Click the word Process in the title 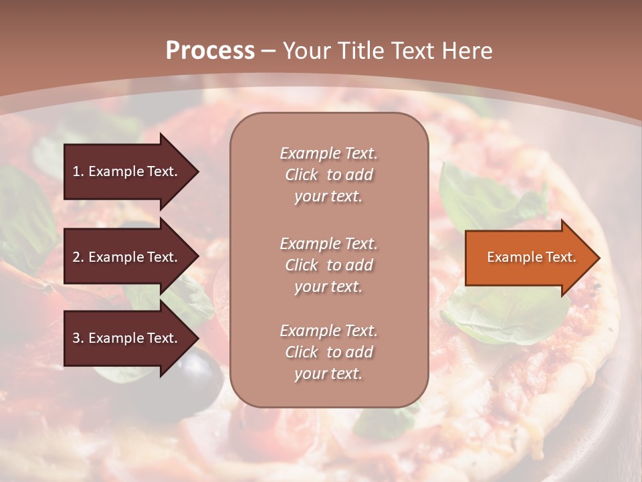click(x=210, y=51)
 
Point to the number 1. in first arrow click(x=78, y=171)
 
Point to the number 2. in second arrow click(x=78, y=257)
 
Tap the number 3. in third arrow click(x=78, y=338)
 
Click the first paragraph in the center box click(x=328, y=175)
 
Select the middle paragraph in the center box click(x=328, y=265)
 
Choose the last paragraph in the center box click(x=328, y=352)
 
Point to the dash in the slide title click(x=269, y=52)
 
